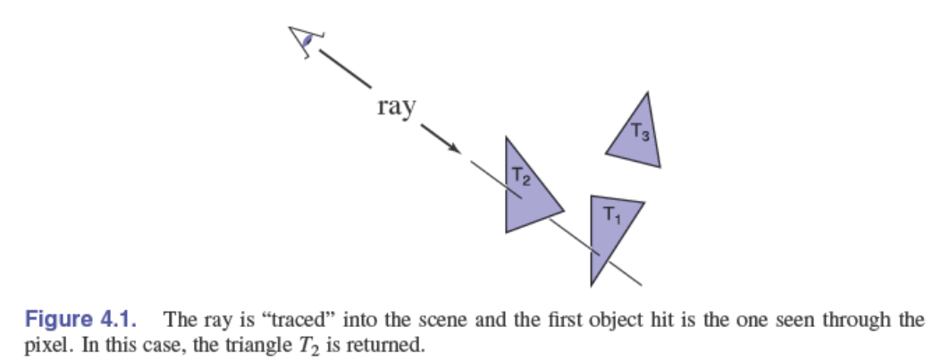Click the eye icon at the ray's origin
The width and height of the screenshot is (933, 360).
coord(304,41)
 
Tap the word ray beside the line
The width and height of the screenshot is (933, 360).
coord(396,107)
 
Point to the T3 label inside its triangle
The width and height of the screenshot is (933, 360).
coord(640,131)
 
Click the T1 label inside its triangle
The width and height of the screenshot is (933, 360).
coord(611,213)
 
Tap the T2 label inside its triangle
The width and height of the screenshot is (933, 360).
coord(521,176)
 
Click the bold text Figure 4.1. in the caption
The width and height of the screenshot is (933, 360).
coord(82,320)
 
